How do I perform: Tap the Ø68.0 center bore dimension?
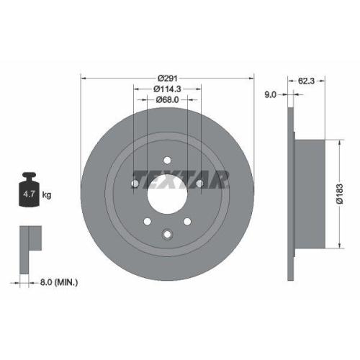(x=167, y=102)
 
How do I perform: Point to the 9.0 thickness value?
(x=270, y=94)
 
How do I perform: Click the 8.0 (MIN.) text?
(x=60, y=282)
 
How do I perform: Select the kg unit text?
(x=47, y=195)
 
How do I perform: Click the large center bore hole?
(x=167, y=193)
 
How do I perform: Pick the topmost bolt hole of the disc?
(x=167, y=161)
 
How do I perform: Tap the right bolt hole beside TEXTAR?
(x=199, y=184)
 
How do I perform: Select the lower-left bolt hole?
(x=147, y=222)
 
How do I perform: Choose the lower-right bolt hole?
(x=187, y=222)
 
